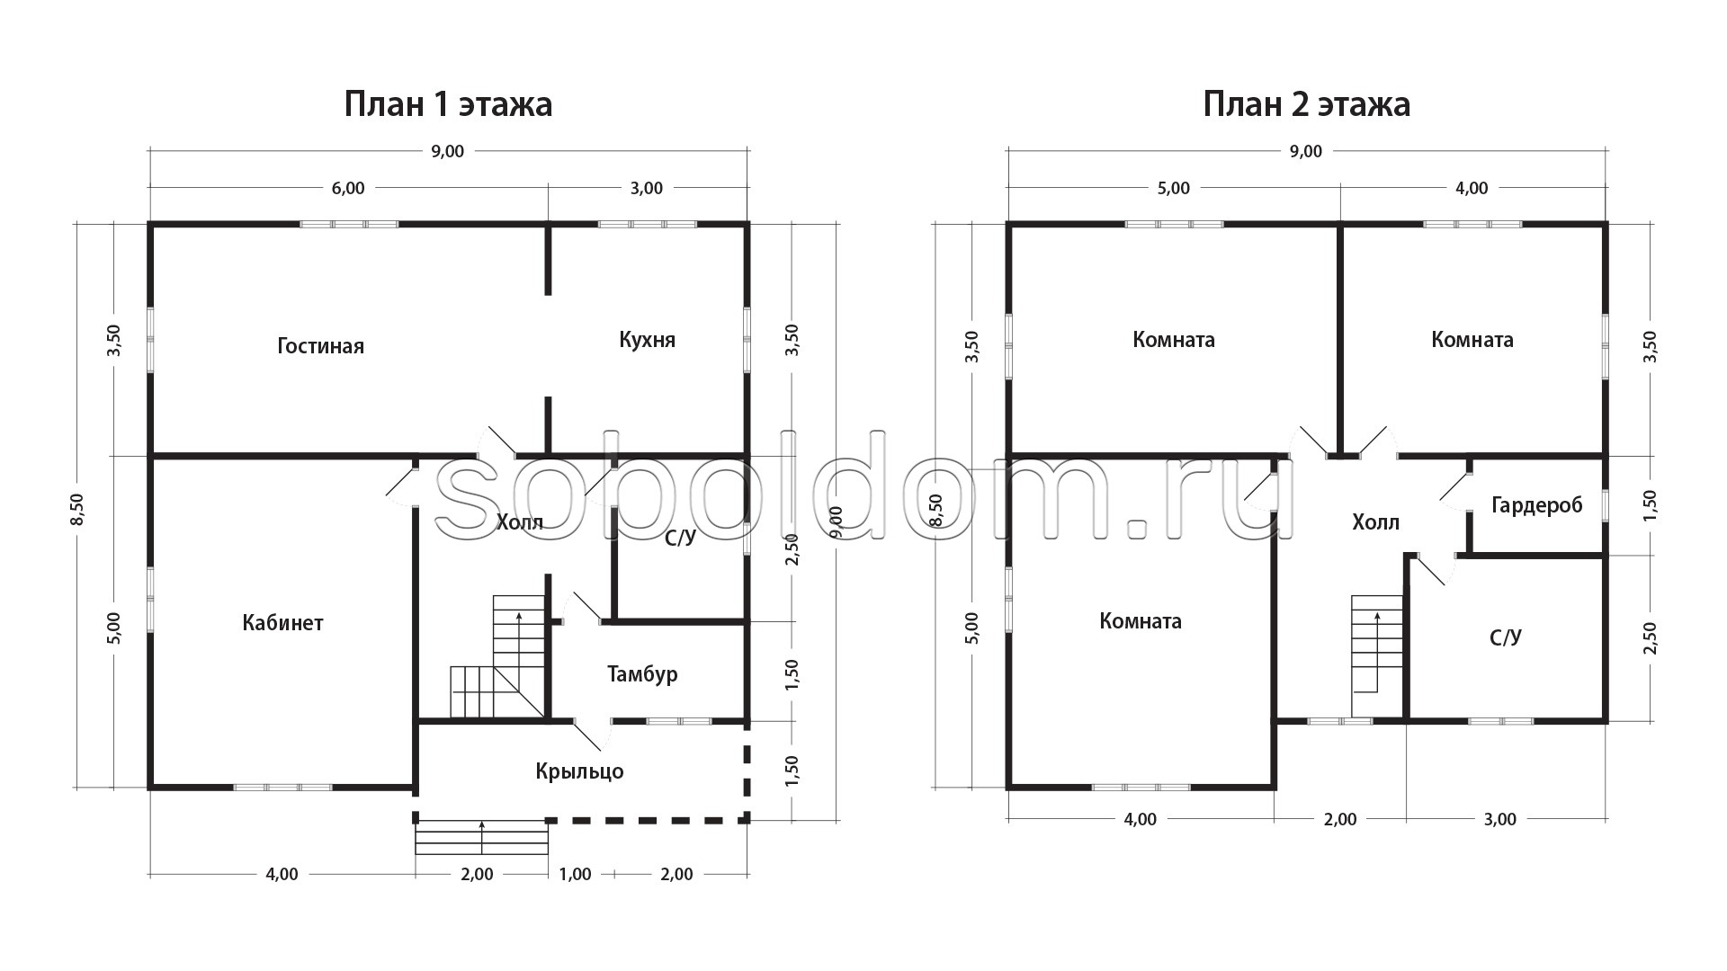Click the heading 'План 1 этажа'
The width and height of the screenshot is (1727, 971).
pyautogui.click(x=448, y=105)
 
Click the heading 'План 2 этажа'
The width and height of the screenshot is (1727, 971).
pyautogui.click(x=1307, y=105)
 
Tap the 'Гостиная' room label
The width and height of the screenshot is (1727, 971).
pyautogui.click(x=321, y=346)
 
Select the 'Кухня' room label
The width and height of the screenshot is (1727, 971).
pyautogui.click(x=647, y=340)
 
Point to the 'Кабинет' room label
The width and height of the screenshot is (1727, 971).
pyautogui.click(x=282, y=622)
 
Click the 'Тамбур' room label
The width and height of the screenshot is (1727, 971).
pyautogui.click(x=642, y=674)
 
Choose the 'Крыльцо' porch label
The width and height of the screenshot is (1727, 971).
pyautogui.click(x=579, y=771)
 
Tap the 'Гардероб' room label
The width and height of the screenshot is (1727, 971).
pyautogui.click(x=1536, y=505)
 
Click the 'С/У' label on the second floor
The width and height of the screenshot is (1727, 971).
pyautogui.click(x=1506, y=637)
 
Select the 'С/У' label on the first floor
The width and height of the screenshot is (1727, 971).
pyautogui.click(x=681, y=538)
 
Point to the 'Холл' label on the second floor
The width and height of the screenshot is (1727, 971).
pyautogui.click(x=1376, y=522)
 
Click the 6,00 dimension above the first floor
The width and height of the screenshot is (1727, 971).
pyautogui.click(x=348, y=188)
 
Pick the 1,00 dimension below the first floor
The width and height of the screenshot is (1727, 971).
pyautogui.click(x=575, y=874)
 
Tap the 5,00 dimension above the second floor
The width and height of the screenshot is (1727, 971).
pyautogui.click(x=1173, y=188)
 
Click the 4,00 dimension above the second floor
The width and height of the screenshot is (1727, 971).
pyautogui.click(x=1472, y=188)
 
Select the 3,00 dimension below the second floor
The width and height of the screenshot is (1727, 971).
pyautogui.click(x=1499, y=819)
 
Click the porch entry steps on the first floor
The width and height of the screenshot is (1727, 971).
pyautogui.click(x=482, y=837)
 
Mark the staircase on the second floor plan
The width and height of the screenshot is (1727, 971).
pyautogui.click(x=1377, y=643)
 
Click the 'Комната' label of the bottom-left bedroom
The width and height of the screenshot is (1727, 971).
pyautogui.click(x=1141, y=621)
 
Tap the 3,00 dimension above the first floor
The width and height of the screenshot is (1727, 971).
pyautogui.click(x=647, y=188)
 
